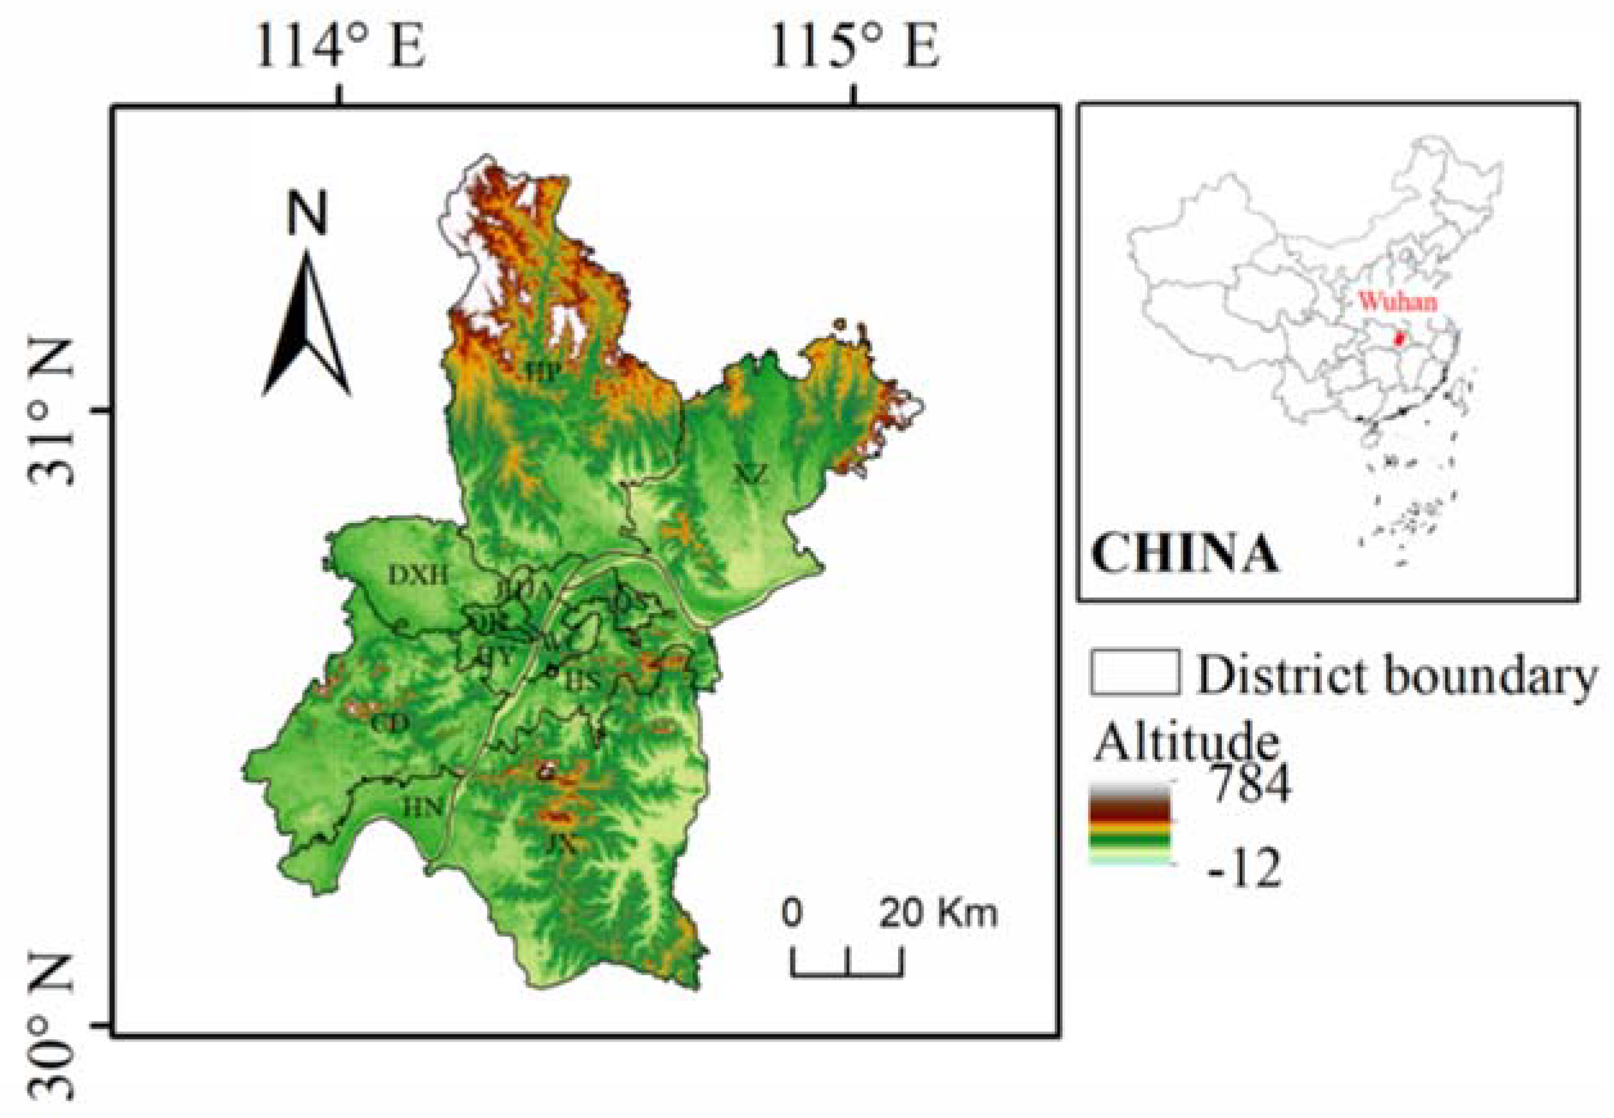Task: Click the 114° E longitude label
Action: click(x=341, y=47)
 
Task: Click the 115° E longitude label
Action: click(x=855, y=47)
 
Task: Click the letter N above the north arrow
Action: click(x=307, y=213)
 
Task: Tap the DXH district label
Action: click(x=418, y=575)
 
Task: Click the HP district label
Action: click(x=545, y=372)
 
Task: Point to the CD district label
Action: click(x=390, y=723)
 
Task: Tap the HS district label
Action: click(x=583, y=680)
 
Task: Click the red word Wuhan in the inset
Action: click(x=1398, y=302)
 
